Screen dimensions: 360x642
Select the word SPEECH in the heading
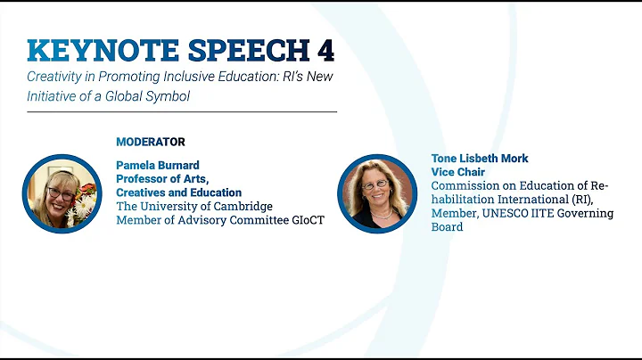coord(250,50)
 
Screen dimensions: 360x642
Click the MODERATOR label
coord(151,142)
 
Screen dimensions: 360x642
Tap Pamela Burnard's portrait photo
coord(61,193)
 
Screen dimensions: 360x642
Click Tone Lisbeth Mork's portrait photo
coord(377,194)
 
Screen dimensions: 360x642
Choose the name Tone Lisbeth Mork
coord(480,159)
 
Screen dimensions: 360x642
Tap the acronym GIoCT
coord(305,220)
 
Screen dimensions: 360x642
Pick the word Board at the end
coord(448,227)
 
